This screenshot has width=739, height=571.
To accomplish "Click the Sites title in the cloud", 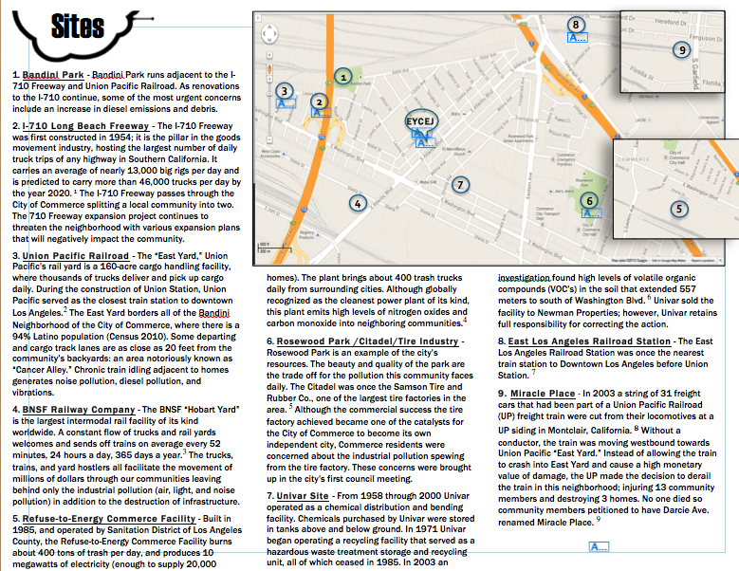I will point(72,26).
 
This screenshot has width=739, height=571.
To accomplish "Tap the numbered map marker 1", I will point(343,75).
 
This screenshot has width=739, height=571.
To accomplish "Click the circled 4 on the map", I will point(357,202).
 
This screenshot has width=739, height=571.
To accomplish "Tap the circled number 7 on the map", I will point(459,184).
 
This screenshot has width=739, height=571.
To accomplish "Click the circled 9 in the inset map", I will point(680,49).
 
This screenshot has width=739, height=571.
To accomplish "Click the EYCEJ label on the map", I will point(419,121).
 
